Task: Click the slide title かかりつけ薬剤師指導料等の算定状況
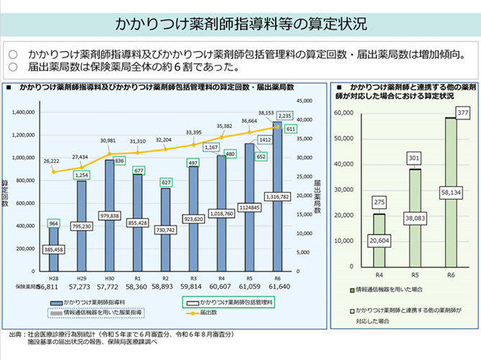click(x=240, y=22)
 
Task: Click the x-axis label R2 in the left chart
click(x=165, y=277)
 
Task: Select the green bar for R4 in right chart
click(x=379, y=244)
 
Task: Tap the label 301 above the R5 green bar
click(x=415, y=157)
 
